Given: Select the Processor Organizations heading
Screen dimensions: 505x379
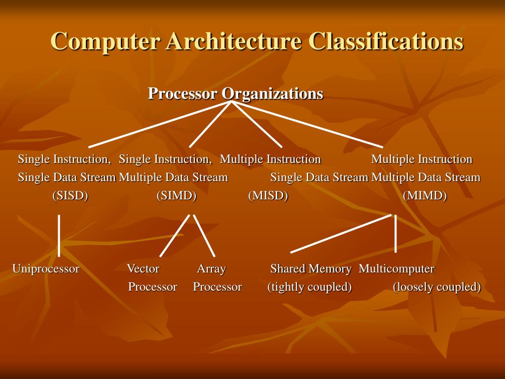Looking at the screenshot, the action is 236,93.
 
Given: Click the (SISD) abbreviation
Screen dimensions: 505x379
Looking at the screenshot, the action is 70,196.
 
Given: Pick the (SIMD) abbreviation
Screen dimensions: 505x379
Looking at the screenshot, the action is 177,196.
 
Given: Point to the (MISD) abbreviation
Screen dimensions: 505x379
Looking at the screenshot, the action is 268,196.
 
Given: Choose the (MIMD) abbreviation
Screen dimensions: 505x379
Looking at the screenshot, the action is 425,196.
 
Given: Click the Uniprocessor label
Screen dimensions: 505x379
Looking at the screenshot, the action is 46,269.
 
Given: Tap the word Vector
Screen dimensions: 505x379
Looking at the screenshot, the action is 143,269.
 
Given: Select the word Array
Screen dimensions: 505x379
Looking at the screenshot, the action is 212,269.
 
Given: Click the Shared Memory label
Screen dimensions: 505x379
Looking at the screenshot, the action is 311,269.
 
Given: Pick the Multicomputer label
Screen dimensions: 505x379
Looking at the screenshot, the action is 397,269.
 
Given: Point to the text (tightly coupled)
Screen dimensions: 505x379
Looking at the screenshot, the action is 310,287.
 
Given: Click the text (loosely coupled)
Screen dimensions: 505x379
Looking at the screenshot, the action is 436,287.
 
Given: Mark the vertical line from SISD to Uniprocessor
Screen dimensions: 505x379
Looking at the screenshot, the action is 59,235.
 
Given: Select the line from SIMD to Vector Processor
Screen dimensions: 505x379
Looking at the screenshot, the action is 175,235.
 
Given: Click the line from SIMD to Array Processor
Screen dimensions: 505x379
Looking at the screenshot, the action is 204,235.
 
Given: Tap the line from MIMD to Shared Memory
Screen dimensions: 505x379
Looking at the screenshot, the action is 340,233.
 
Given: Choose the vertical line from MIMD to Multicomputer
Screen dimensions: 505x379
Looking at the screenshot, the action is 396,233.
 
